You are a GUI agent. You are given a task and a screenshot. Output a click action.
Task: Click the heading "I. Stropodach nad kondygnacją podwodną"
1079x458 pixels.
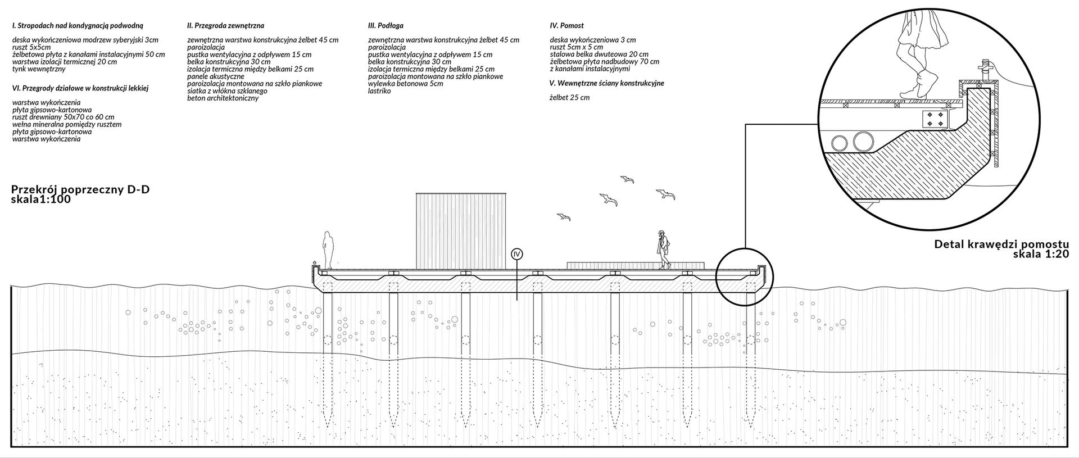pos(78,26)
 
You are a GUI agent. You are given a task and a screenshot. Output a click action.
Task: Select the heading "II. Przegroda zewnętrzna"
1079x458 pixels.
pos(225,26)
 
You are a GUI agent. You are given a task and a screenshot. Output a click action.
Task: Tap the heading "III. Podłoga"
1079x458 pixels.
pos(386,26)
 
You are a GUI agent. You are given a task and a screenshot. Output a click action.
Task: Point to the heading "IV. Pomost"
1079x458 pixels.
pos(566,26)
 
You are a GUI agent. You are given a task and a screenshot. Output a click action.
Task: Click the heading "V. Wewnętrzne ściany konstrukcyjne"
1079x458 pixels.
pos(607,83)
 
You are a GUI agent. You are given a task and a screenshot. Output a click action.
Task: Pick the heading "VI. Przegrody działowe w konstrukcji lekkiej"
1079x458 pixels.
pos(80,88)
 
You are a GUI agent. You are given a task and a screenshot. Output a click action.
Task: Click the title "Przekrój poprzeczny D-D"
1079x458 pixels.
pos(80,190)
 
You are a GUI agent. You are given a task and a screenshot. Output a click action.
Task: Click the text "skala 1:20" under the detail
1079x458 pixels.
pos(1041,254)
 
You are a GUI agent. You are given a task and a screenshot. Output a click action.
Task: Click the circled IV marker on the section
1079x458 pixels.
pos(517,254)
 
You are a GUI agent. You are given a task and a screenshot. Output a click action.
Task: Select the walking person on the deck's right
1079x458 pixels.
pos(664,250)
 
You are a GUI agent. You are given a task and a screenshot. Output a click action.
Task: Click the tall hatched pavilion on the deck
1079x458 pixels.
pos(461,230)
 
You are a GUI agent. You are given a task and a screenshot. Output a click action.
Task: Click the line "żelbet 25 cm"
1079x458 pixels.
pos(570,98)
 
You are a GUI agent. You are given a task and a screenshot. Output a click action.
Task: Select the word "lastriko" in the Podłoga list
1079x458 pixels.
pos(379,91)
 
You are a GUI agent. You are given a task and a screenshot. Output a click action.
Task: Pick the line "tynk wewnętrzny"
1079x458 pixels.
pos(39,69)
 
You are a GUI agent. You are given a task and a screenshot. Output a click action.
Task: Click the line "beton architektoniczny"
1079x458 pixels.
pos(223,98)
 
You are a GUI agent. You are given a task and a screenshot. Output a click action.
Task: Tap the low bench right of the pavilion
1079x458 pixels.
pos(634,264)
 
